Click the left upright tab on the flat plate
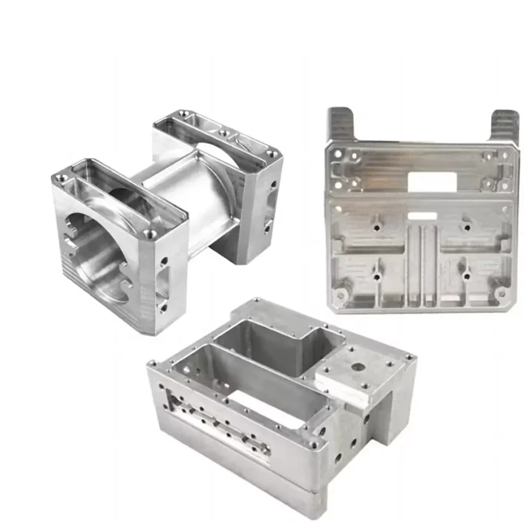[x=341, y=124]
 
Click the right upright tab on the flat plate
[x=504, y=125]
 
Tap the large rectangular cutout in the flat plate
[x=431, y=181]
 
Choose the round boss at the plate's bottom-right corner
[x=501, y=293]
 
